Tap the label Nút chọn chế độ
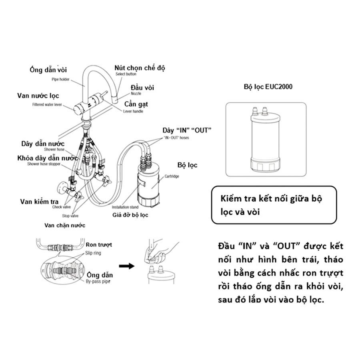tap(140, 68)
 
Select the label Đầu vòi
tap(142, 88)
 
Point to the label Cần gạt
tap(136, 104)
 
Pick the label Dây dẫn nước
tap(43, 143)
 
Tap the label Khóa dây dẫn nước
tap(47, 158)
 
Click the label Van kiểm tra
tap(39, 202)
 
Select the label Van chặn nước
tap(65, 225)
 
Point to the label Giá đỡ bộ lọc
tap(130, 215)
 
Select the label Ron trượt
tap(98, 244)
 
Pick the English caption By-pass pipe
tap(98, 282)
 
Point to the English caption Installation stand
tap(125, 207)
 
